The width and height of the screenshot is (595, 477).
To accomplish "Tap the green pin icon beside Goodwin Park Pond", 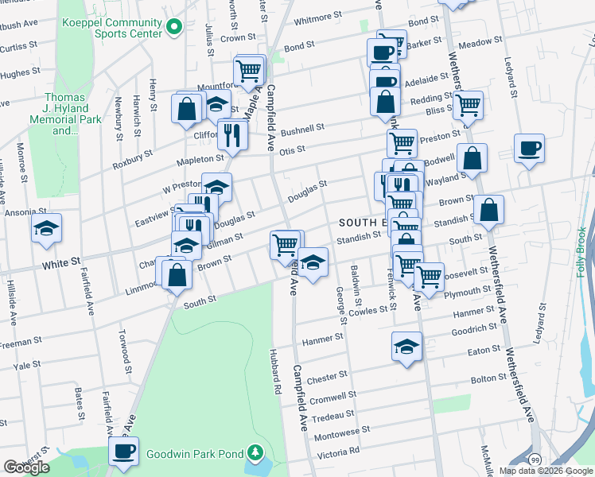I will pyautogui.click(x=255, y=455).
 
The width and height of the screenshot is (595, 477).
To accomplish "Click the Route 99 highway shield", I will pyautogui.click(x=536, y=460).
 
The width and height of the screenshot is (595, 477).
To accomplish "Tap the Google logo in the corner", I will pyautogui.click(x=26, y=467).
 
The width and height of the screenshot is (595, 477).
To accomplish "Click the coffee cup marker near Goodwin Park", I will pyautogui.click(x=123, y=451).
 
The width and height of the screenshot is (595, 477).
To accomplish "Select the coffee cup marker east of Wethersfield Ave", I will pyautogui.click(x=529, y=148).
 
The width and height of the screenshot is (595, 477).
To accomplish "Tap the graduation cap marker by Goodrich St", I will pyautogui.click(x=406, y=346).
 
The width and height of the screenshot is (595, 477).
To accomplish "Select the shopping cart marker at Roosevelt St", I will pyautogui.click(x=429, y=276).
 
